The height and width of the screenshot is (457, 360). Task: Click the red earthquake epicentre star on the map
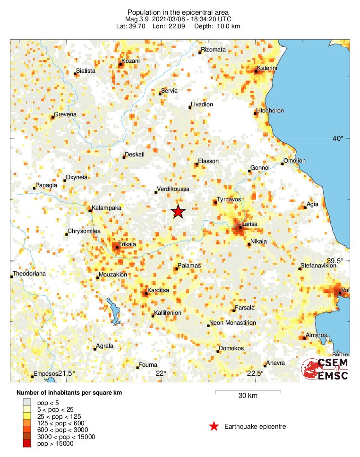178,212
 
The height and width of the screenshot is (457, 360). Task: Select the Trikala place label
127,244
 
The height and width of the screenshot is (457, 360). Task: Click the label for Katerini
267,68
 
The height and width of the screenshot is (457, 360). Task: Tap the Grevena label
65,114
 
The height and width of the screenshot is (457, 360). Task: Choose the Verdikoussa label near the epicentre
173,189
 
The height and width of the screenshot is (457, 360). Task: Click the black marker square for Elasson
197,164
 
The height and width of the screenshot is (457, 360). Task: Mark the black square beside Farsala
234,310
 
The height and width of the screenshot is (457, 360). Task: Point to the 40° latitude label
337,138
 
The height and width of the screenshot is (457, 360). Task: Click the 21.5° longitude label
67,374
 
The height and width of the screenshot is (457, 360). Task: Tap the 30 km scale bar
248,392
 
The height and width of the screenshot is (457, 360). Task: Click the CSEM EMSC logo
325,369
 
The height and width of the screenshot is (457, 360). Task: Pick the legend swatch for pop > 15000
27,443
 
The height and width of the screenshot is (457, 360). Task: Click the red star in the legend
214,427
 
